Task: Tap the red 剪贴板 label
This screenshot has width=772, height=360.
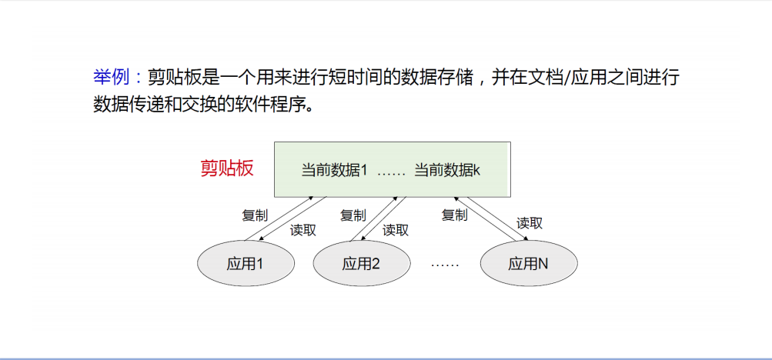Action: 227,168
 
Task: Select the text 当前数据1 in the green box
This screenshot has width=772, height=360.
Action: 334,170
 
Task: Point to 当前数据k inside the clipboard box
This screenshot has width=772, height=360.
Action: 447,170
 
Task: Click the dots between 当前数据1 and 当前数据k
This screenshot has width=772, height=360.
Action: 391,171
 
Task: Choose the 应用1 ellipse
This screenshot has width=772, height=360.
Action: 246,264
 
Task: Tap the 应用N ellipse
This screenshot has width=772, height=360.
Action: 528,264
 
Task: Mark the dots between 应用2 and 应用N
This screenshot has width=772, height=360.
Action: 445,265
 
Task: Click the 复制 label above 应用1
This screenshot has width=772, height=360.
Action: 255,215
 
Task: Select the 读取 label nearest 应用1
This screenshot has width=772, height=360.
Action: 303,230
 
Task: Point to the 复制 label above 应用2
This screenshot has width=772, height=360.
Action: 353,215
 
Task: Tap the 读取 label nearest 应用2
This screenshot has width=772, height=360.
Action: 396,230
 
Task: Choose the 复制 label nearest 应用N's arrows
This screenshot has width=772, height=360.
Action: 454,215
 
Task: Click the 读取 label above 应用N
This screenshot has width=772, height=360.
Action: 530,223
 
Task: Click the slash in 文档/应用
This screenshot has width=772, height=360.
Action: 566,78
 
